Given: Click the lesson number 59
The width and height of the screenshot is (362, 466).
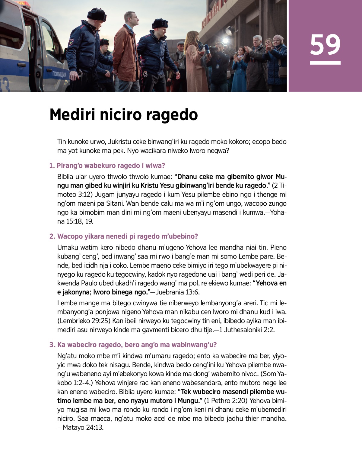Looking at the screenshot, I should click(325, 44).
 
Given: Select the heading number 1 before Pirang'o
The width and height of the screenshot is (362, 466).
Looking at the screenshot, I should click(52, 166).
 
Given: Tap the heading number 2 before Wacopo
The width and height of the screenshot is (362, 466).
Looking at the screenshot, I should click(52, 236).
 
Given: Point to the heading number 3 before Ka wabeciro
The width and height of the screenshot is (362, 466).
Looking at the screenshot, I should click(52, 345).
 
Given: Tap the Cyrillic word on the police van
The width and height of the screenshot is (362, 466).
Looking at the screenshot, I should click(59, 74).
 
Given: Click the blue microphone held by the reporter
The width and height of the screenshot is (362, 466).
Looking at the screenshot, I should click(207, 50).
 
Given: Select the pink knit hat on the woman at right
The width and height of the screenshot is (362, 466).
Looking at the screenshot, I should click(278, 38).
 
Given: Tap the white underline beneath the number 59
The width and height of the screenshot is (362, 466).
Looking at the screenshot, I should click(325, 63).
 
